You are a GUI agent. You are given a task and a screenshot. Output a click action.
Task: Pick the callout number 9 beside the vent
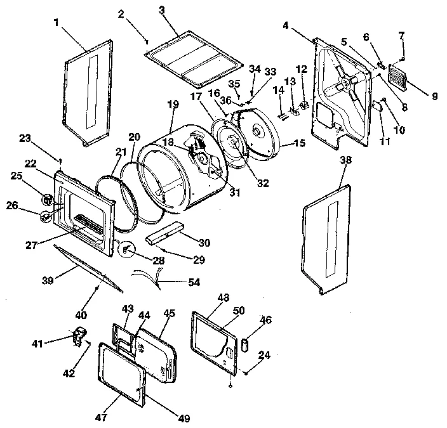click(434, 96)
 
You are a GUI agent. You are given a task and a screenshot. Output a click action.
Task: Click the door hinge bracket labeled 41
click(79, 335)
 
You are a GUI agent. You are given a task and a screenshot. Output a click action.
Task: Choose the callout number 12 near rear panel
click(302, 68)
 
